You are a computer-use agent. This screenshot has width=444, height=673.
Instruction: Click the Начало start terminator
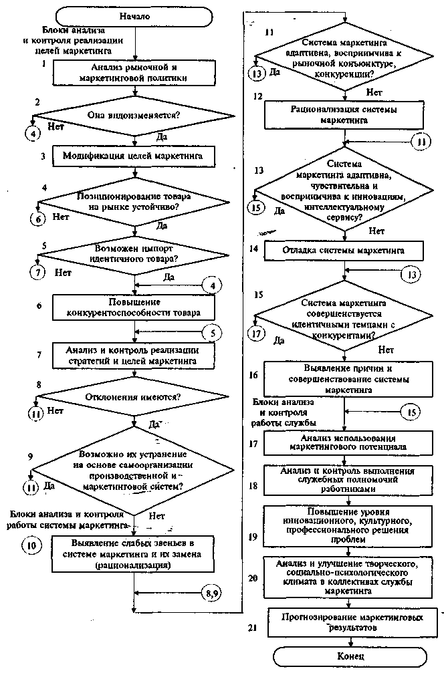coord(136,15)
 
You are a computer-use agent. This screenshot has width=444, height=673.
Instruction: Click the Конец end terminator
coord(350,656)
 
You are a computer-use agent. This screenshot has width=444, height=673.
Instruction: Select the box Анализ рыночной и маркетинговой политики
coord(135,72)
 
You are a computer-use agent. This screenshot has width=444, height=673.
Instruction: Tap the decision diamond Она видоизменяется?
coord(136,115)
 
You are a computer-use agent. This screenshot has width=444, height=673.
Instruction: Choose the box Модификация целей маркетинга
coord(136,155)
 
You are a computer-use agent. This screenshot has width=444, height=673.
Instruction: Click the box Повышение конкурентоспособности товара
coord(136,308)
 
